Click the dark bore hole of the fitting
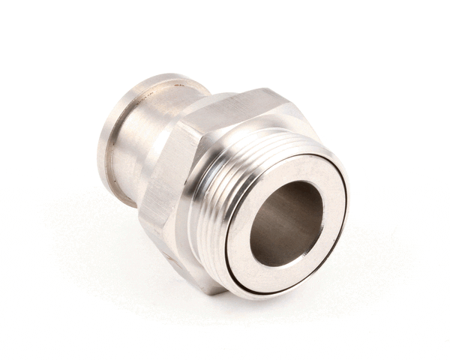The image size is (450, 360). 286,223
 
